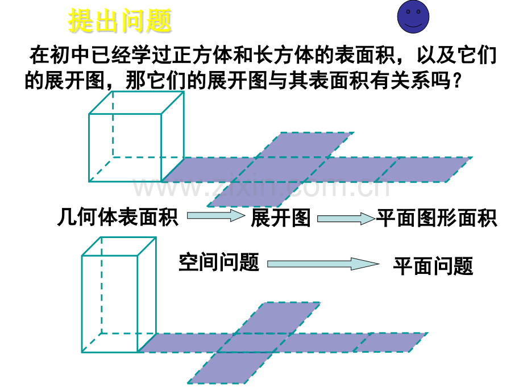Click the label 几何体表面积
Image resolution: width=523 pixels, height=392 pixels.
click(x=118, y=218)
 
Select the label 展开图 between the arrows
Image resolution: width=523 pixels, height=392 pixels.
click(x=280, y=218)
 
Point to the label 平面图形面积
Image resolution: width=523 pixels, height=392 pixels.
click(x=437, y=218)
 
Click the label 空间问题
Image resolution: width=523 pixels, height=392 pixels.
click(x=219, y=262)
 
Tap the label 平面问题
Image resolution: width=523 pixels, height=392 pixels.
click(x=433, y=265)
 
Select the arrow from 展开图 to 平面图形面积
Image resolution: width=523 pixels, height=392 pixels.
click(x=345, y=218)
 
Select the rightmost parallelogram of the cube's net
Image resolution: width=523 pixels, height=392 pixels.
click(x=431, y=169)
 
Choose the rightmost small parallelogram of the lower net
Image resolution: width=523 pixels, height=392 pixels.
click(x=392, y=342)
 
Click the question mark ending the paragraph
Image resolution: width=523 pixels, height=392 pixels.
click(x=453, y=82)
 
